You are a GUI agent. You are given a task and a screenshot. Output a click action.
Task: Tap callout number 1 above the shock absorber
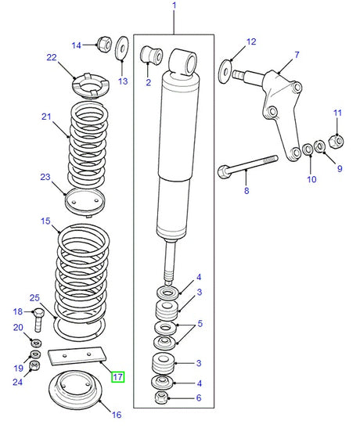pos(174,7)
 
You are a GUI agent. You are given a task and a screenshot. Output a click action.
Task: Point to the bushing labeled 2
pos(150,56)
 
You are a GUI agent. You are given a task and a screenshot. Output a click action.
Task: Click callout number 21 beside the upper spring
pos(45,117)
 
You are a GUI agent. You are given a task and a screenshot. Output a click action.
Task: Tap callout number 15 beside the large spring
pos(45,222)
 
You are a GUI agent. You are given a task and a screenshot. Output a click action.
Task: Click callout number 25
pos(34,297)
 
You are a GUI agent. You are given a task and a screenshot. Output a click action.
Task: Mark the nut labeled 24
pos(34,365)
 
